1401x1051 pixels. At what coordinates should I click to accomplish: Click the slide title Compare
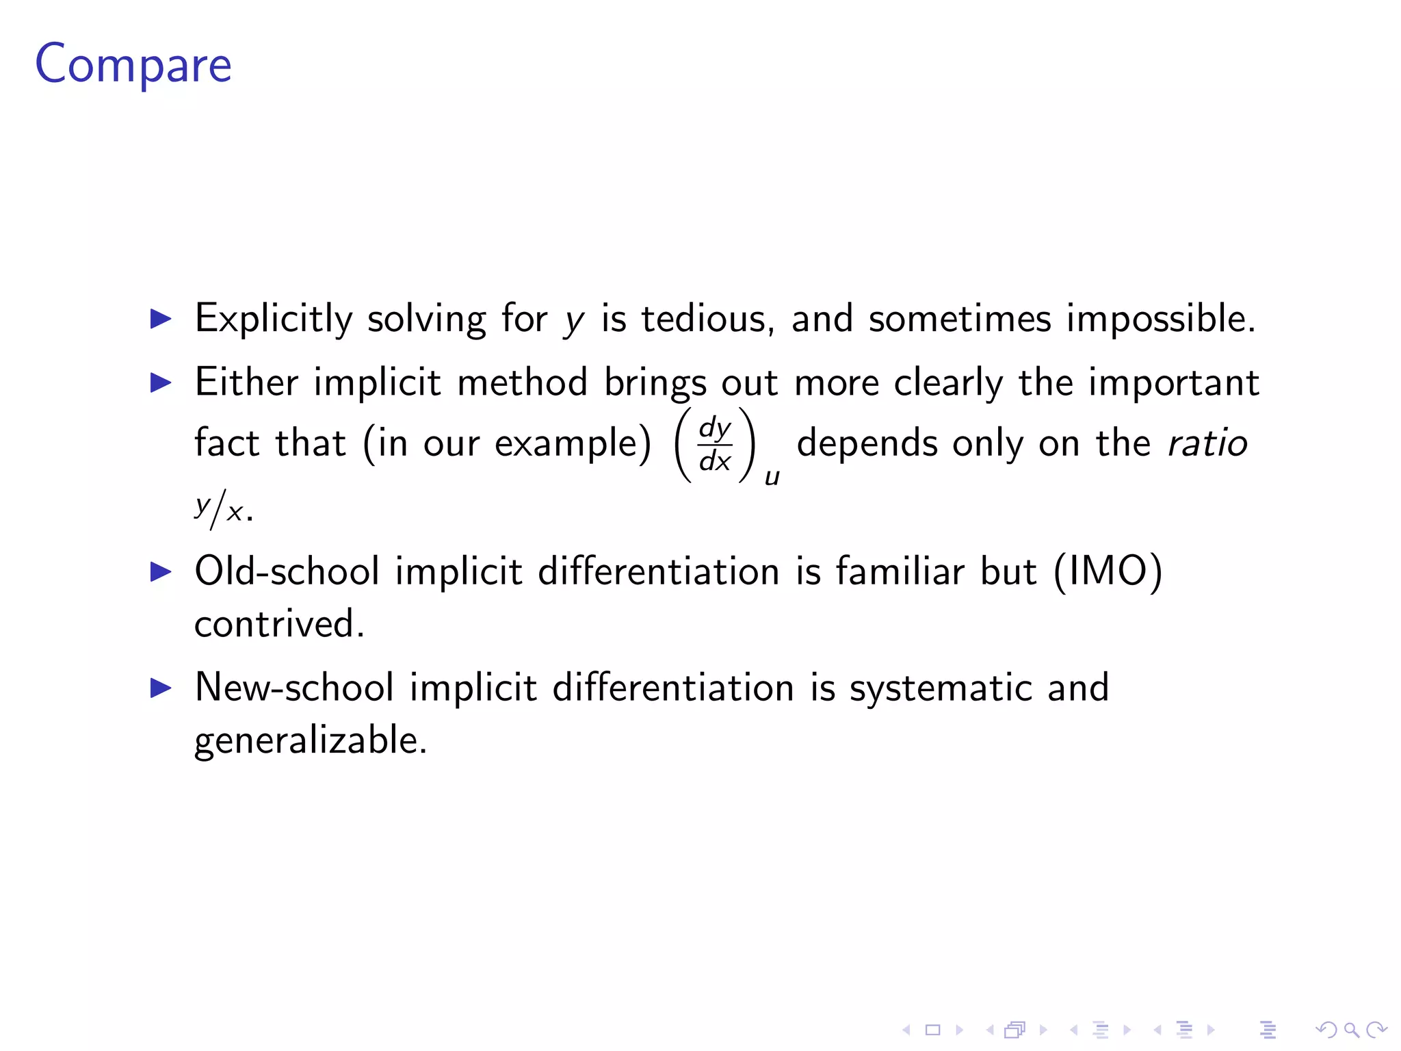pos(133,64)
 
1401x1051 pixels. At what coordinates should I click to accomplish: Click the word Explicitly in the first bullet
pos(274,319)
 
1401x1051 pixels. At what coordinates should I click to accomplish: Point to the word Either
pos(246,382)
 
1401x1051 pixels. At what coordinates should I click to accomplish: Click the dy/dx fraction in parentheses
pos(715,445)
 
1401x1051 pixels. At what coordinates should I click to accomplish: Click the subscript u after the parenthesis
pos(772,477)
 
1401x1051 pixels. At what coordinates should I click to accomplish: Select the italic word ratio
pos(1207,443)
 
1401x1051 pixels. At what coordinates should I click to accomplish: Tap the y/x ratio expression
pos(219,509)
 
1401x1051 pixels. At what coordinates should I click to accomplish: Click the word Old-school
pos(287,571)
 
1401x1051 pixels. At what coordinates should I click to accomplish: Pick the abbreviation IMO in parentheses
pos(1108,571)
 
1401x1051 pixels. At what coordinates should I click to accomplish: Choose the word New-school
pos(294,687)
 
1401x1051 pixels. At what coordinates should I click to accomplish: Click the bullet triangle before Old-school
pos(161,571)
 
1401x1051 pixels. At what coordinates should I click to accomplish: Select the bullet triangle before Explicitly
pos(161,319)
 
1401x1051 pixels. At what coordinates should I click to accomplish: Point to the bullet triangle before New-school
pos(161,687)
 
